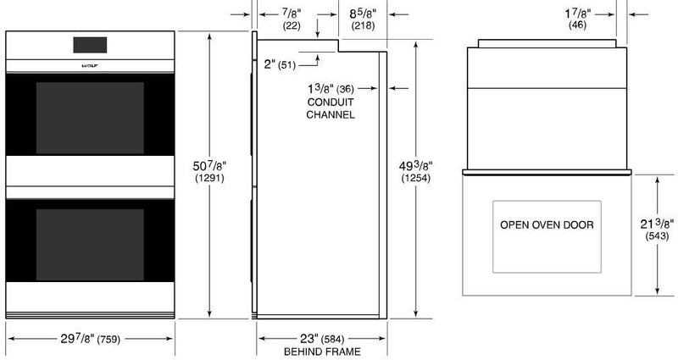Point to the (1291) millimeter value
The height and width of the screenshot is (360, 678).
(209, 180)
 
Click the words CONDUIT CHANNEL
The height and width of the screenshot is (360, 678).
(330, 108)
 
